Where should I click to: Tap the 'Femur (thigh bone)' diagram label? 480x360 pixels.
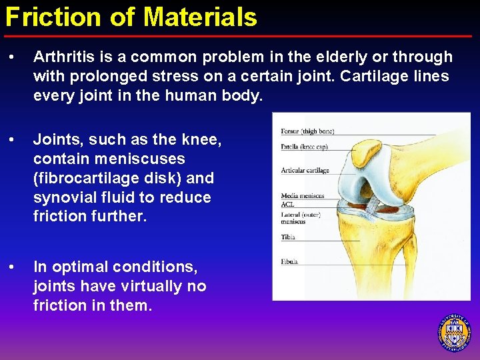click(x=307, y=131)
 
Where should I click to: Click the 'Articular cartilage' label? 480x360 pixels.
click(x=305, y=170)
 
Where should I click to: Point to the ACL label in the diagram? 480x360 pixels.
click(x=287, y=205)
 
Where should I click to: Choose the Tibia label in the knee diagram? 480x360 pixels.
click(x=288, y=237)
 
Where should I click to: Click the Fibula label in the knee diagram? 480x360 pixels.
click(x=289, y=262)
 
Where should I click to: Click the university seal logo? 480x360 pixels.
click(x=454, y=331)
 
